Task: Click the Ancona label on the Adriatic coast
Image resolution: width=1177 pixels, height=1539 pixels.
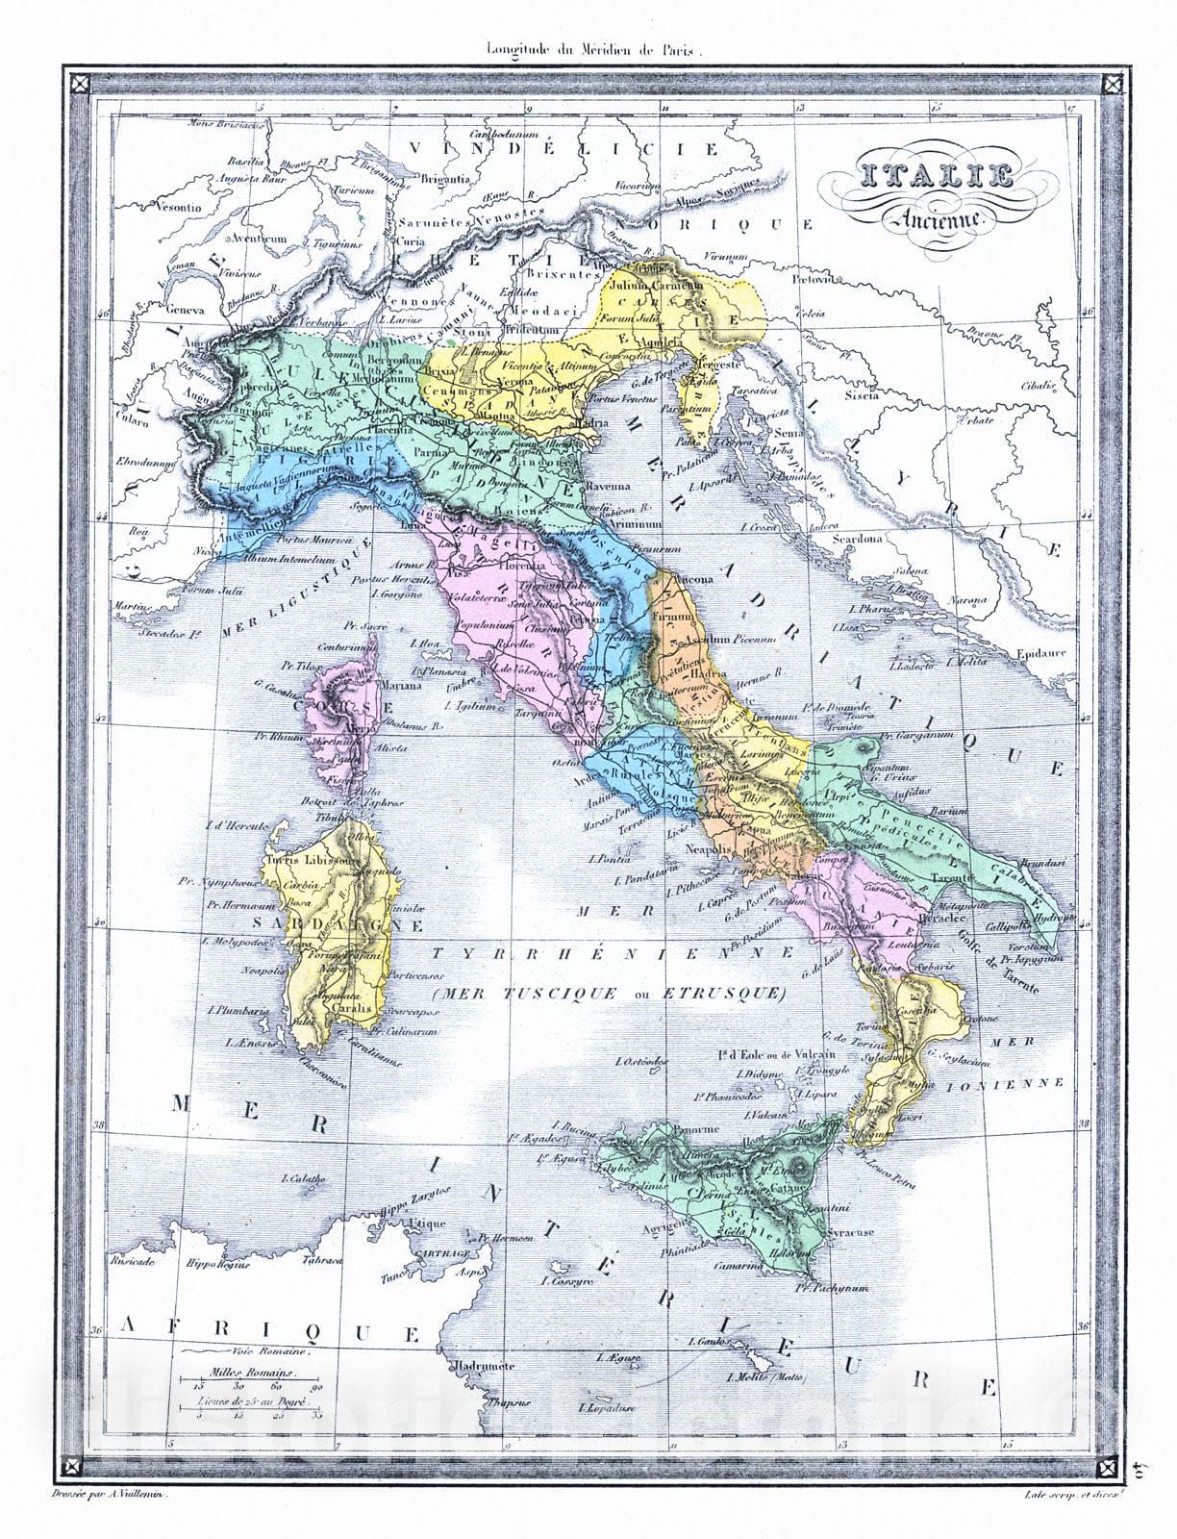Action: click(690, 579)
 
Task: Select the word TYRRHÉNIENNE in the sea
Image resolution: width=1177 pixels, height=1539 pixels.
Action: click(613, 952)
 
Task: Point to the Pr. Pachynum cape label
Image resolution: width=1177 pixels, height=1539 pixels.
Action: click(833, 1287)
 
